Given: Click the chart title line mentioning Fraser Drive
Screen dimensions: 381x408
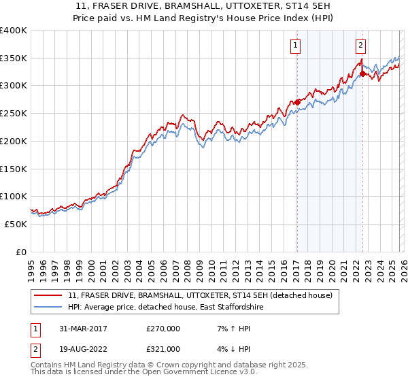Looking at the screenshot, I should coord(203,6).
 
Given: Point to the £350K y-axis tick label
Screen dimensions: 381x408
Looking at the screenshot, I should coord(14,58).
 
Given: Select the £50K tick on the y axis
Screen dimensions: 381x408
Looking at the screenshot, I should coord(16,224).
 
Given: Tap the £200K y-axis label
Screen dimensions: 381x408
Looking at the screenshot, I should coord(14,141).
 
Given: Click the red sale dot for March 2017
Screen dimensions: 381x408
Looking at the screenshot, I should coord(297,102).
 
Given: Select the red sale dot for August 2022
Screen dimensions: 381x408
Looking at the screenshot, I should coord(362,73).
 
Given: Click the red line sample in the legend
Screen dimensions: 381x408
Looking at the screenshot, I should coord(49,295).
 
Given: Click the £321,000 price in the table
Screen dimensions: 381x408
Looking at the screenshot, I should coord(163,348).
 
